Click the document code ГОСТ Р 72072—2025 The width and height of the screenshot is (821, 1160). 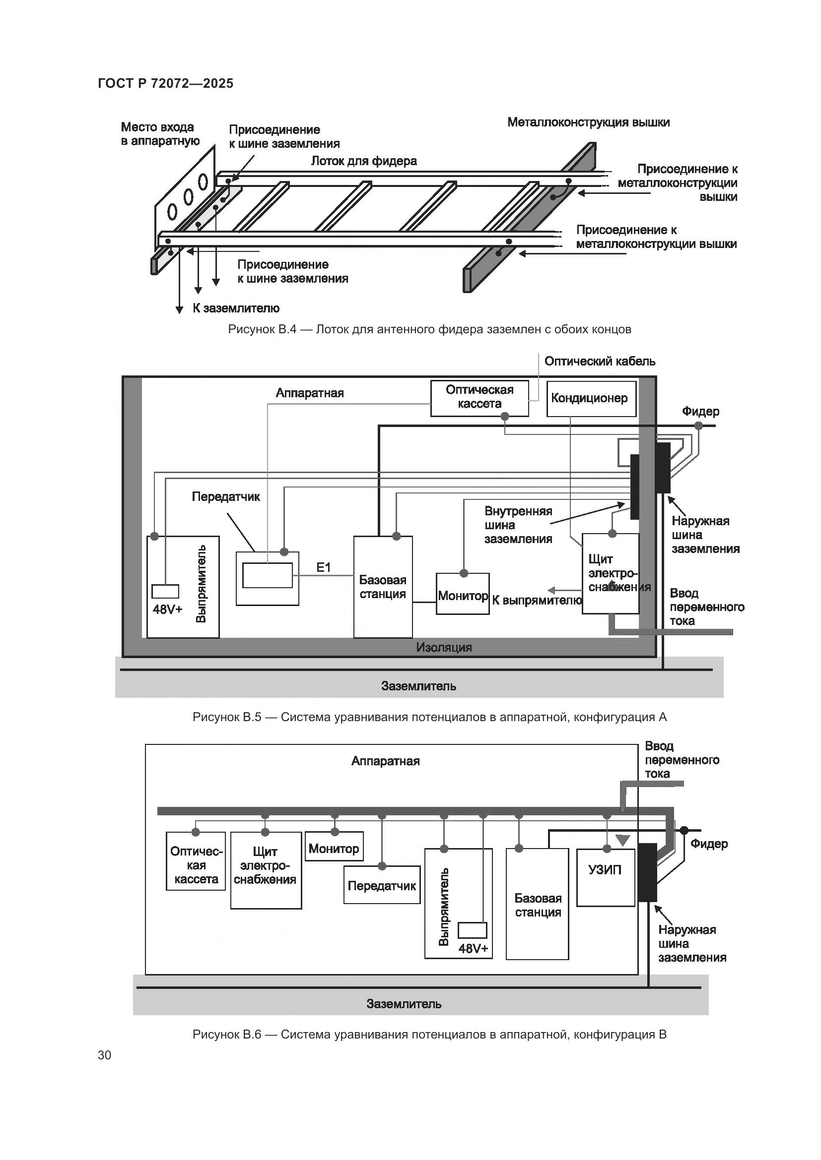pos(165,83)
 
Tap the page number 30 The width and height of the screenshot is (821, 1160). pos(104,1055)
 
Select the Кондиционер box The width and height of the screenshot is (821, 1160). pos(591,399)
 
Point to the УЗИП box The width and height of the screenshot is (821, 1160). pos(605,870)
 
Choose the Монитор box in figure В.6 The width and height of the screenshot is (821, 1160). pos(334,849)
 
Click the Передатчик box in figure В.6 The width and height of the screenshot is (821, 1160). pos(381,886)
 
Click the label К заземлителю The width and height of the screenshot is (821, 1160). pos(236,308)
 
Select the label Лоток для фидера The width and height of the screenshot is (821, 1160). pos(363,161)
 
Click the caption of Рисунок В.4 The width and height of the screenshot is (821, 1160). pos(429,329)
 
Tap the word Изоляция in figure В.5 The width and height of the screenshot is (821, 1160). pos(443,647)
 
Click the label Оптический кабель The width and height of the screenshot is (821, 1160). pos(599,361)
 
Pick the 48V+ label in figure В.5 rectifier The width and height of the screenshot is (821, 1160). pos(167,609)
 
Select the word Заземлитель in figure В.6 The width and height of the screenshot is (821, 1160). pos(404,1004)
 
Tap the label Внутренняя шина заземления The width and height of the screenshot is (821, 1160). pos(518,525)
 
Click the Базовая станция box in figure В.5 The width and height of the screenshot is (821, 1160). pos(383,587)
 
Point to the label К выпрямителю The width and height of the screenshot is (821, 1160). pos(537,600)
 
